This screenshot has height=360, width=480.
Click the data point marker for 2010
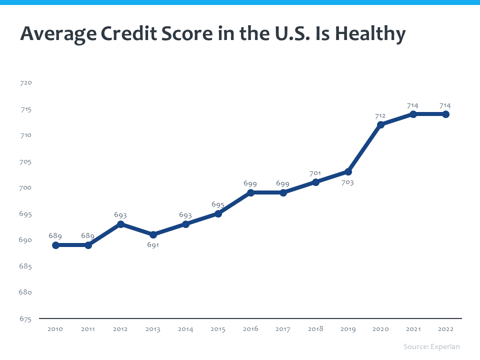tap(55, 245)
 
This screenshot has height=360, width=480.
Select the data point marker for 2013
tap(153, 234)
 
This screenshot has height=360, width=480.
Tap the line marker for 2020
tap(380, 124)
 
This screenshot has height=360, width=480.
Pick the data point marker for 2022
tap(445, 114)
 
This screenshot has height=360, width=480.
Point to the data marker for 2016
tap(250, 192)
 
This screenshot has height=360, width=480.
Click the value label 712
tap(380, 116)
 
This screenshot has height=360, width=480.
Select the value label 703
tap(347, 182)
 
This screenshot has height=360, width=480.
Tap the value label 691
tap(153, 245)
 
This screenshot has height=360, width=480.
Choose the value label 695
tap(218, 205)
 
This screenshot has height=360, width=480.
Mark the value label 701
tap(315, 173)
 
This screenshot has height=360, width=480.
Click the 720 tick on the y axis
tap(25, 82)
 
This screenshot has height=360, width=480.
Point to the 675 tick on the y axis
tap(25, 318)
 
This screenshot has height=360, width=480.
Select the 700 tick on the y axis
tap(25, 187)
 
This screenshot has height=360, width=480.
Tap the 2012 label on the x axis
tap(120, 329)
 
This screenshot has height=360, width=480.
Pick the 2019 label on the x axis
tap(348, 329)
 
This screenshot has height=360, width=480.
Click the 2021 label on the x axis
tap(413, 329)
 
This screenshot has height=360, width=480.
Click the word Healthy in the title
tap(370, 34)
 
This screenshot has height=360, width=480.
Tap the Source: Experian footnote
tap(431, 346)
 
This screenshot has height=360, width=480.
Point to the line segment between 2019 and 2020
tap(364, 148)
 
